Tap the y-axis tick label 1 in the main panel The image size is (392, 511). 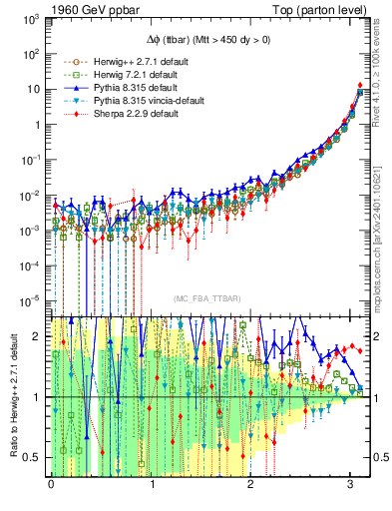39,124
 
